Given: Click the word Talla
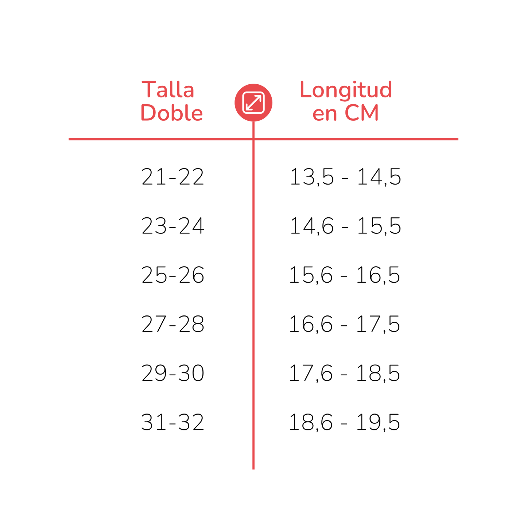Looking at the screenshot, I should (x=168, y=90).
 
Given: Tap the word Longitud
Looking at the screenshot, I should (x=345, y=90).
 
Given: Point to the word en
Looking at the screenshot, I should (x=325, y=114).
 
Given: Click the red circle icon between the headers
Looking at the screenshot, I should (x=253, y=102).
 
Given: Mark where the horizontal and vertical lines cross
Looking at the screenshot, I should (x=253, y=139).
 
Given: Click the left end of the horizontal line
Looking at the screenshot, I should (x=69, y=139).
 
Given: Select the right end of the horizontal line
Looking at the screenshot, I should (x=458, y=139).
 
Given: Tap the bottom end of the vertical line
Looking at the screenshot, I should (x=253, y=469).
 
